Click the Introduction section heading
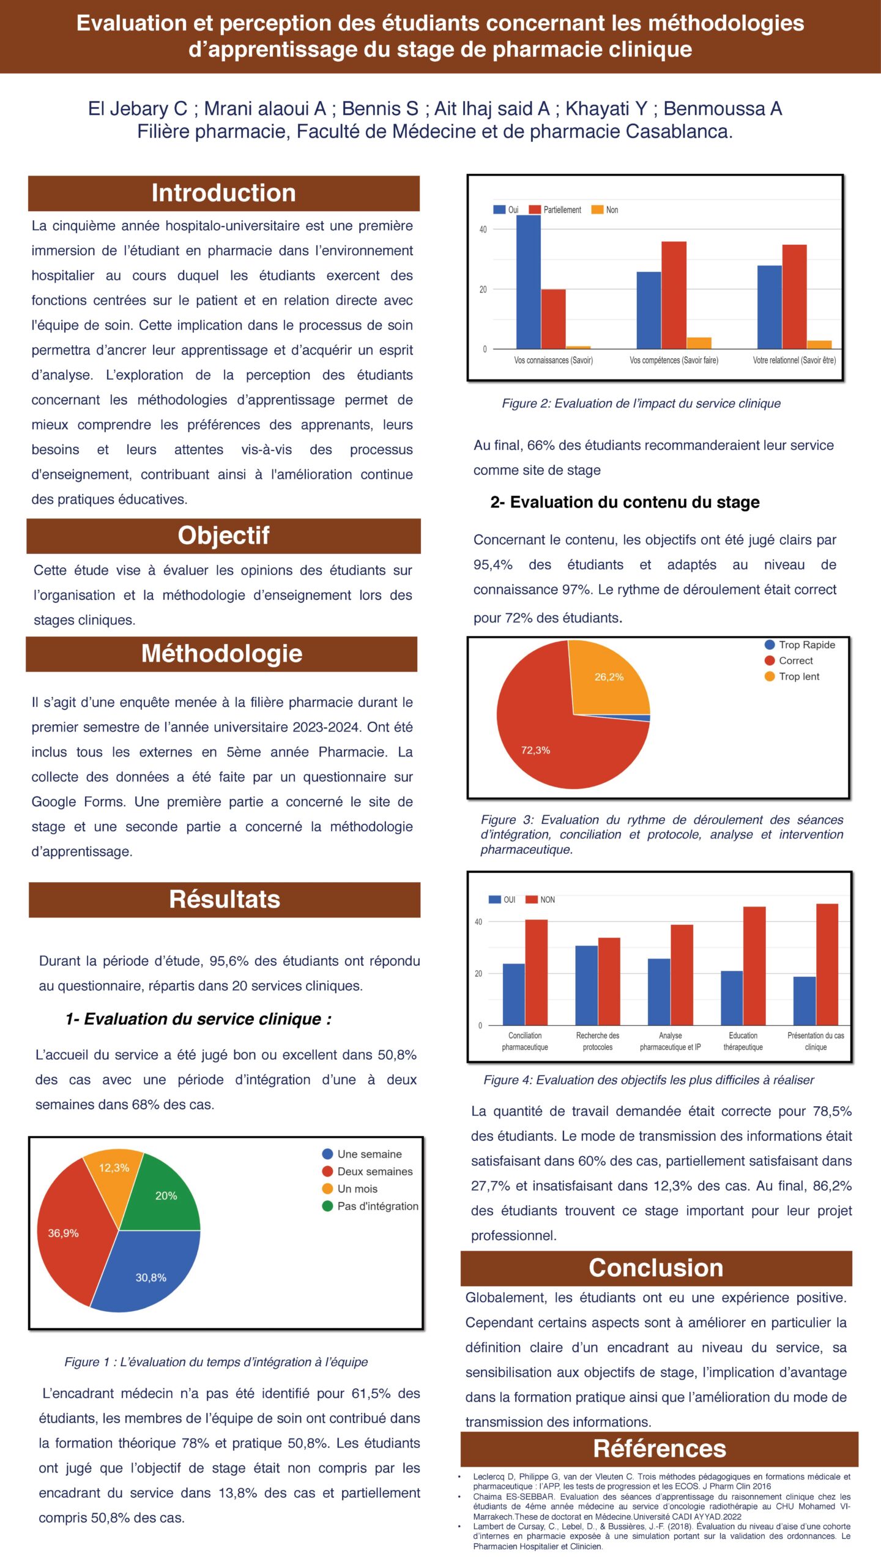point(223,193)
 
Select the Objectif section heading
point(223,536)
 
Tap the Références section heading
point(660,1449)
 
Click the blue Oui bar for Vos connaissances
point(529,282)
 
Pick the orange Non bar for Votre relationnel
point(819,345)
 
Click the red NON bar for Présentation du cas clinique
point(827,964)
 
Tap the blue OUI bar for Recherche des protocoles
point(586,985)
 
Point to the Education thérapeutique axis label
point(743,1041)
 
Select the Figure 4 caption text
point(649,1080)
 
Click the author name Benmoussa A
point(723,109)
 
